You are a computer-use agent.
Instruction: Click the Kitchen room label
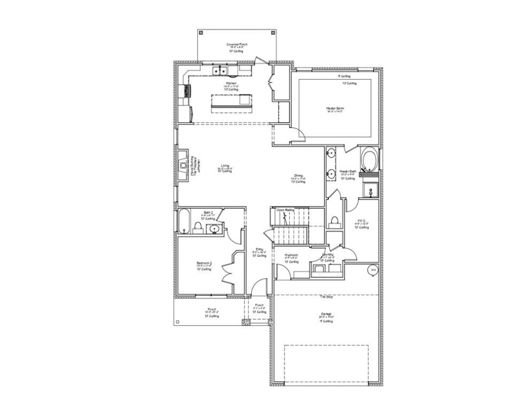coord(231,84)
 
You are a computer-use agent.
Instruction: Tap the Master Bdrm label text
coord(335,108)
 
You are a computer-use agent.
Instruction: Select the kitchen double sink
coord(220,70)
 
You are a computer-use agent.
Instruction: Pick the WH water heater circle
coord(373,270)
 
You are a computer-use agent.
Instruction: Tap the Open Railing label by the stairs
coord(286,210)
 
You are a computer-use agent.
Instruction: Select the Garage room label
coord(326,314)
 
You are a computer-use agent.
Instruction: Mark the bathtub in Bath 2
coord(183,221)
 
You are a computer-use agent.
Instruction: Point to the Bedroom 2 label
coord(204,263)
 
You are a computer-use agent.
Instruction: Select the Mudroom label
coord(291,255)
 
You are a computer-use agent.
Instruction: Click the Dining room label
coord(298,175)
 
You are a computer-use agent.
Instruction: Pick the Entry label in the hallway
coord(259,249)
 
